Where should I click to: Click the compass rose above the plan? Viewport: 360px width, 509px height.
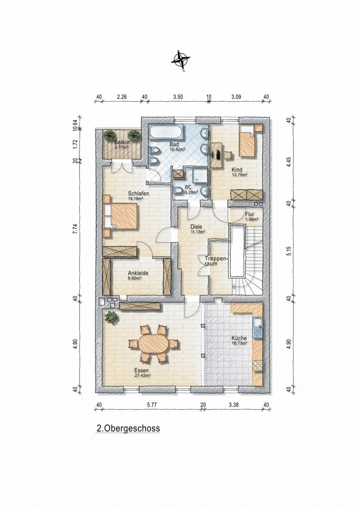(180, 60)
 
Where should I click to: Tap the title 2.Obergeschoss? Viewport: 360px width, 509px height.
(128, 428)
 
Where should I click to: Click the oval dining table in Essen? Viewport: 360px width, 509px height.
(153, 344)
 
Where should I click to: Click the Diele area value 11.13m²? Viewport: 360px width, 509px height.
(198, 232)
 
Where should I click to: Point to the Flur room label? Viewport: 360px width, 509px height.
(250, 214)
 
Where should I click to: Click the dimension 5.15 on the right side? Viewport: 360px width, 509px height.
(289, 253)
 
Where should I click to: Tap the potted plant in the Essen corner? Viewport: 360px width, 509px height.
(112, 317)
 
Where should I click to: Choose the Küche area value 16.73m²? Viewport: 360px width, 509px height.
(239, 343)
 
